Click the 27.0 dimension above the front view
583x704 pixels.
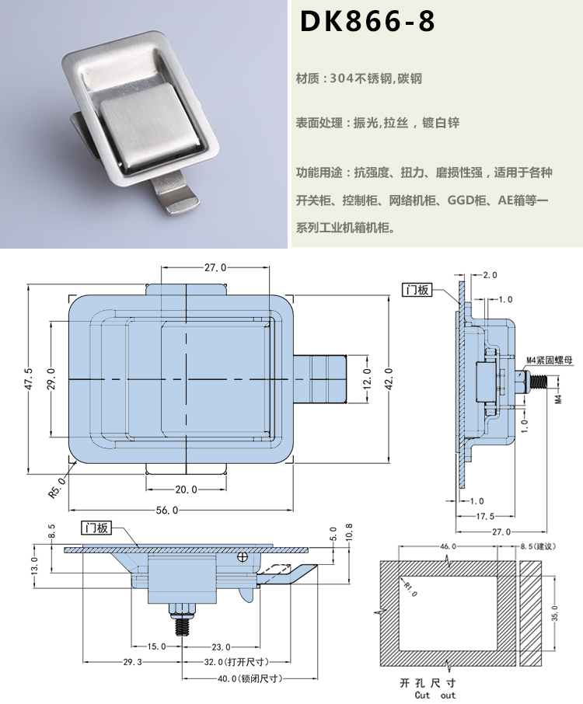pyautogui.click(x=215, y=267)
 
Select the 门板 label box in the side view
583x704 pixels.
pyautogui.click(x=417, y=290)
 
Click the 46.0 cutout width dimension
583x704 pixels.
pyautogui.click(x=448, y=547)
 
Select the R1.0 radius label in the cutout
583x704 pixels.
pyautogui.click(x=410, y=589)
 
